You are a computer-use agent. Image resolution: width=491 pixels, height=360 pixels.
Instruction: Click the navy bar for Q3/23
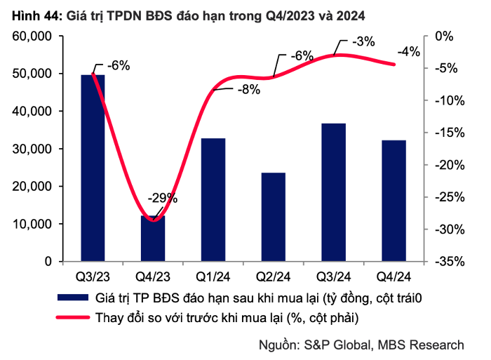pyautogui.click(x=93, y=168)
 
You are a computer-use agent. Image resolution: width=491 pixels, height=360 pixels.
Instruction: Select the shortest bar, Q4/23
pyautogui.click(x=153, y=239)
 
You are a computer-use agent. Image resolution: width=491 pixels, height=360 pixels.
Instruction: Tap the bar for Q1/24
pyautogui.click(x=213, y=199)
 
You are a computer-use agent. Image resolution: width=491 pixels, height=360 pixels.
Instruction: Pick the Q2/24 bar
pyautogui.click(x=274, y=217)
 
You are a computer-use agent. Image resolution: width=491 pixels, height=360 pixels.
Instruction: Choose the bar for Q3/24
pyautogui.click(x=334, y=192)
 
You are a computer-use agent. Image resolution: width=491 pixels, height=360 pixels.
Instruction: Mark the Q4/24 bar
pyautogui.click(x=394, y=201)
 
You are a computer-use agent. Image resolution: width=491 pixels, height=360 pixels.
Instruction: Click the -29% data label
pyautogui.click(x=163, y=198)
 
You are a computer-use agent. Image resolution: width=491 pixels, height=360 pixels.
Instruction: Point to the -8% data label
pyautogui.click(x=249, y=90)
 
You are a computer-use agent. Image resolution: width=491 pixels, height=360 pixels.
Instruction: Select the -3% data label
pyautogui.click(x=363, y=41)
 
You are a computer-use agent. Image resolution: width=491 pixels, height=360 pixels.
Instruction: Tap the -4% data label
pyautogui.click(x=409, y=51)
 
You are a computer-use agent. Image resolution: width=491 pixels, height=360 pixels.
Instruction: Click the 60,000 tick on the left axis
pyautogui.click(x=32, y=36)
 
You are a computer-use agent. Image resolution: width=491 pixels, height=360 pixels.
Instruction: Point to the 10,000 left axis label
pyautogui.click(x=32, y=224)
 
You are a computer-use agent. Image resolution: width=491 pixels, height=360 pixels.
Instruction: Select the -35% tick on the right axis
pyautogui.click(x=450, y=261)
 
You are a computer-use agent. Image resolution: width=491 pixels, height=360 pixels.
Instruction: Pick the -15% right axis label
pyautogui.click(x=450, y=133)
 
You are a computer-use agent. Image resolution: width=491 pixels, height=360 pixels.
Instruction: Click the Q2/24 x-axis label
pyautogui.click(x=274, y=276)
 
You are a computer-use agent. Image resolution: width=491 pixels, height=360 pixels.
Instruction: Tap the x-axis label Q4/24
pyautogui.click(x=394, y=276)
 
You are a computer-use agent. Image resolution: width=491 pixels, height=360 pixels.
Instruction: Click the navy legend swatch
pyautogui.click(x=73, y=298)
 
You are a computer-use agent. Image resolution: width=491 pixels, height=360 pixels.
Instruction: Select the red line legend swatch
pyautogui.click(x=73, y=317)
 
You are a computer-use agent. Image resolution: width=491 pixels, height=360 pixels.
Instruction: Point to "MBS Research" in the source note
pyautogui.click(x=421, y=345)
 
